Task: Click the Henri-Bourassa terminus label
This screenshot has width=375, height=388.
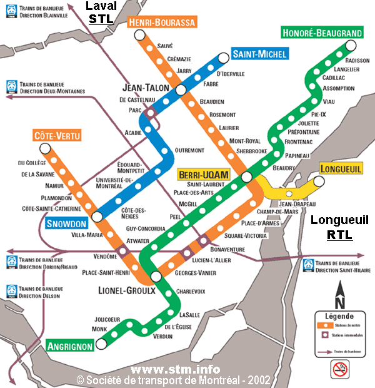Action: point(162,23)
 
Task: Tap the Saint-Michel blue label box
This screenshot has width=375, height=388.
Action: point(259,54)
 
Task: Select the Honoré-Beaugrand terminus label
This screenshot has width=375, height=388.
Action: point(322,33)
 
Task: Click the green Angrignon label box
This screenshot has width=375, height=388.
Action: point(69,345)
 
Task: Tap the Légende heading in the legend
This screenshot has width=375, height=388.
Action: point(340,317)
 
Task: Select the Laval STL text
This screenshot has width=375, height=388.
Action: point(101,13)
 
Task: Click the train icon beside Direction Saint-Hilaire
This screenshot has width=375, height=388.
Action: point(309,266)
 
